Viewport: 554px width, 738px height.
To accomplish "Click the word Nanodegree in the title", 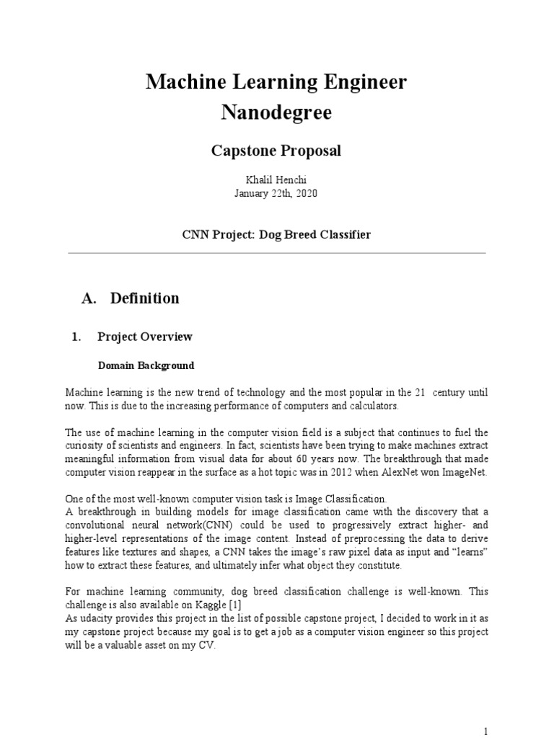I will pyautogui.click(x=276, y=113).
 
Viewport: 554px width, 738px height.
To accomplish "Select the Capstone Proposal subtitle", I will pyautogui.click(x=276, y=151).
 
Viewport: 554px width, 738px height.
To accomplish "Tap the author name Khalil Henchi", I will pyautogui.click(x=276, y=180).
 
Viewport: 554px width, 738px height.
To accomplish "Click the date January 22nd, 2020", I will pyautogui.click(x=276, y=194).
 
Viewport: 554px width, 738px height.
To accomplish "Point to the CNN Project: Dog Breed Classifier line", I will pyautogui.click(x=276, y=235).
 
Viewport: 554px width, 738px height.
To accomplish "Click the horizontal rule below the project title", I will pyautogui.click(x=276, y=253).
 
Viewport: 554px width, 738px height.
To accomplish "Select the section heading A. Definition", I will pyautogui.click(x=131, y=298).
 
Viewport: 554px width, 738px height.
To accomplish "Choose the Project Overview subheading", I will pyautogui.click(x=144, y=337).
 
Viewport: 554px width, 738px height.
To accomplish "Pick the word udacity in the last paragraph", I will pyautogui.click(x=96, y=618).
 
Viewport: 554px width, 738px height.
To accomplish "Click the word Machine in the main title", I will pyautogui.click(x=182, y=83).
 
